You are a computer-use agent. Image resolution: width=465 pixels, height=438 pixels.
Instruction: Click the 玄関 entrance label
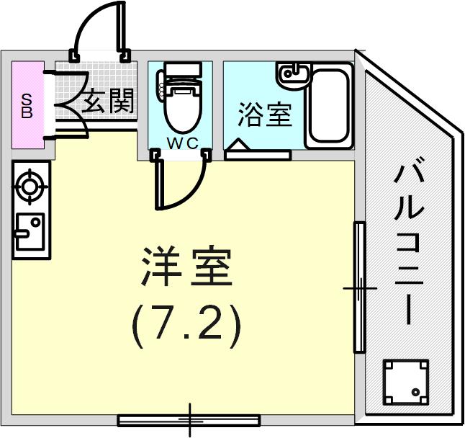[107, 101]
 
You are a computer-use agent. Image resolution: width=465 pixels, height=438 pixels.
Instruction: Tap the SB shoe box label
[27, 106]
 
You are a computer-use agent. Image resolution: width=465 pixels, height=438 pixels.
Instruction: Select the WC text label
[182, 143]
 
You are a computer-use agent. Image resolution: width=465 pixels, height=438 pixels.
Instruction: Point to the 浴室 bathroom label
[265, 115]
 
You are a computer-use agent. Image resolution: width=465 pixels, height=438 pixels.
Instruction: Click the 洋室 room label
[187, 266]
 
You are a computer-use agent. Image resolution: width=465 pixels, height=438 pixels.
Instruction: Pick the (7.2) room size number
[186, 326]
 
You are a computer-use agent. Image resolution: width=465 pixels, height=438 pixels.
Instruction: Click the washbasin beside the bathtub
[294, 76]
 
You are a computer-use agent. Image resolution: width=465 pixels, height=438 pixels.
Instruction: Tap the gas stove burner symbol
[30, 187]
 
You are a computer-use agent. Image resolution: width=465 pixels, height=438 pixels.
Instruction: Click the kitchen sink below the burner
[30, 232]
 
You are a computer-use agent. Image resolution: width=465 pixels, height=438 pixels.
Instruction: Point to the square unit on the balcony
[406, 383]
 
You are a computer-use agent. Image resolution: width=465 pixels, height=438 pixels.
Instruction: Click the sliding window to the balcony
[360, 287]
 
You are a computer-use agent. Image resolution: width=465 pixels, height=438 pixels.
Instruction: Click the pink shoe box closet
[28, 105]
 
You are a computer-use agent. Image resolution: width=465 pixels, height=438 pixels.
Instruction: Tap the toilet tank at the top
[183, 70]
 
